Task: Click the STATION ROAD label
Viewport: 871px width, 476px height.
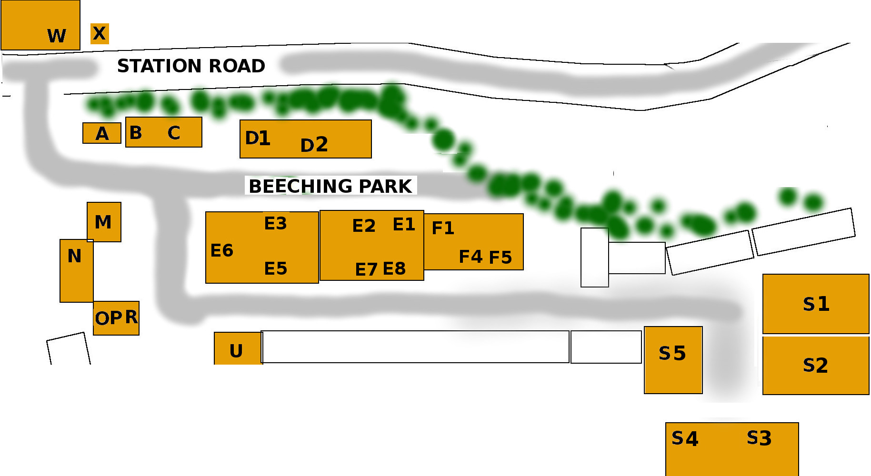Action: (x=191, y=66)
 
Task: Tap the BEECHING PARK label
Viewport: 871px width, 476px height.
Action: (x=330, y=186)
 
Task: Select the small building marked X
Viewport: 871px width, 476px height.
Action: (x=100, y=34)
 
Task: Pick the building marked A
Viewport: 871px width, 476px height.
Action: (x=101, y=133)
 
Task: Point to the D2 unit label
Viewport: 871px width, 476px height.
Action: (x=314, y=145)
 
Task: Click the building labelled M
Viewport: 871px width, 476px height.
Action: (x=104, y=222)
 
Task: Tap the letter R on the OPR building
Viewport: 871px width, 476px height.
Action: (x=131, y=317)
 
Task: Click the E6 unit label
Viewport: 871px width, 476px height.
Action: (x=222, y=250)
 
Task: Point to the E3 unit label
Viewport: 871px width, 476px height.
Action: (x=276, y=223)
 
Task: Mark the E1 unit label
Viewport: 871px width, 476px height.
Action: (x=404, y=224)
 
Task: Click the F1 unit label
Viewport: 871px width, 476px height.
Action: (x=443, y=228)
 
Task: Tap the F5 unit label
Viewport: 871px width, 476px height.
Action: (x=500, y=258)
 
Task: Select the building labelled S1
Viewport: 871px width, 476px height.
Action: (x=816, y=304)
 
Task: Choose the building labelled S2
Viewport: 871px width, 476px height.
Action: (x=816, y=365)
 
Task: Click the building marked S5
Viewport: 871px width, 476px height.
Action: (x=673, y=360)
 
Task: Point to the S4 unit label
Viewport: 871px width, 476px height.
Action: (x=684, y=438)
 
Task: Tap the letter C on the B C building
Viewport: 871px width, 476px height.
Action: (x=174, y=133)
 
